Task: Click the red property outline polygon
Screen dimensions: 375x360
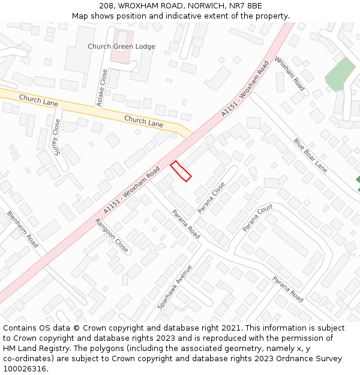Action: click(181, 171)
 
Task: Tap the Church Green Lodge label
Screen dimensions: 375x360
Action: click(121, 46)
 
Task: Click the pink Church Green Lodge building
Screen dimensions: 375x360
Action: click(122, 56)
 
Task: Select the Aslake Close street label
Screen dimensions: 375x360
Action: click(103, 88)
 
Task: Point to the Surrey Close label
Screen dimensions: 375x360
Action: click(57, 137)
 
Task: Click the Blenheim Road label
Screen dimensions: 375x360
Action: click(23, 229)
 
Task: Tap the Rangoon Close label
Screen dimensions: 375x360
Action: click(112, 235)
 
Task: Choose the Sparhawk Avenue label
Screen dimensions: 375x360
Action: click(175, 287)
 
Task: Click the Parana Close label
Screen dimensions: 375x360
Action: click(211, 198)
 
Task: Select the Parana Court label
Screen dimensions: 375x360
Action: click(257, 218)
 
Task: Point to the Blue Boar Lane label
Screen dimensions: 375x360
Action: click(310, 155)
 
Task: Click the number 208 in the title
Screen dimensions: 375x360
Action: click(107, 6)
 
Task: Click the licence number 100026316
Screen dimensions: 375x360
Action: click(25, 369)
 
